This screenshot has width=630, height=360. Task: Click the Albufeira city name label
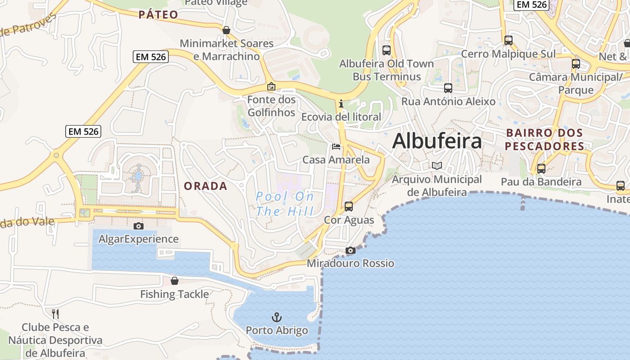(x=437, y=141)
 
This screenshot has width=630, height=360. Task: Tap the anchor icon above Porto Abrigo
(x=277, y=317)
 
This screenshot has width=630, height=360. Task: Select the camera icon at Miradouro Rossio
(x=351, y=251)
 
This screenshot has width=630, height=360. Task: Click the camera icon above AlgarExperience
(x=139, y=226)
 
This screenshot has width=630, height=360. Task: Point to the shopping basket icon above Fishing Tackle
(x=175, y=281)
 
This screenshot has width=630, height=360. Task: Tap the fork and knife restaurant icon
(x=55, y=314)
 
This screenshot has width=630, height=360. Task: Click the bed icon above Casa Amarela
(x=336, y=147)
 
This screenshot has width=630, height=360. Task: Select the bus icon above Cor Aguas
(x=349, y=207)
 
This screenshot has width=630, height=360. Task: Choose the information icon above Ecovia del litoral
(x=341, y=103)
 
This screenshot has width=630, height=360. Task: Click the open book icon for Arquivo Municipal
(x=436, y=166)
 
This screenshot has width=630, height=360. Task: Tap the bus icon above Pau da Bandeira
(x=541, y=169)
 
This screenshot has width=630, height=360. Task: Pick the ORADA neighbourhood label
(x=206, y=186)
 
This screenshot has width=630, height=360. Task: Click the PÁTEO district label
(x=158, y=15)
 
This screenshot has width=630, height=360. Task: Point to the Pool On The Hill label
(x=285, y=203)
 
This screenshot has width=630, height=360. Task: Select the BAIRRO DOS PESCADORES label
(x=544, y=139)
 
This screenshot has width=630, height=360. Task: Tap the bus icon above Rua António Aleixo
(x=448, y=88)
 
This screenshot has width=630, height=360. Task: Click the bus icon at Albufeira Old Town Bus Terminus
(x=387, y=50)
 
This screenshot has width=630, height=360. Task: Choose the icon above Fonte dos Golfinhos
(x=271, y=86)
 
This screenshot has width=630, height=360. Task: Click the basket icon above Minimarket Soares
(x=226, y=30)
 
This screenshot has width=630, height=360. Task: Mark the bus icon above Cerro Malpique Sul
(x=508, y=40)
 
